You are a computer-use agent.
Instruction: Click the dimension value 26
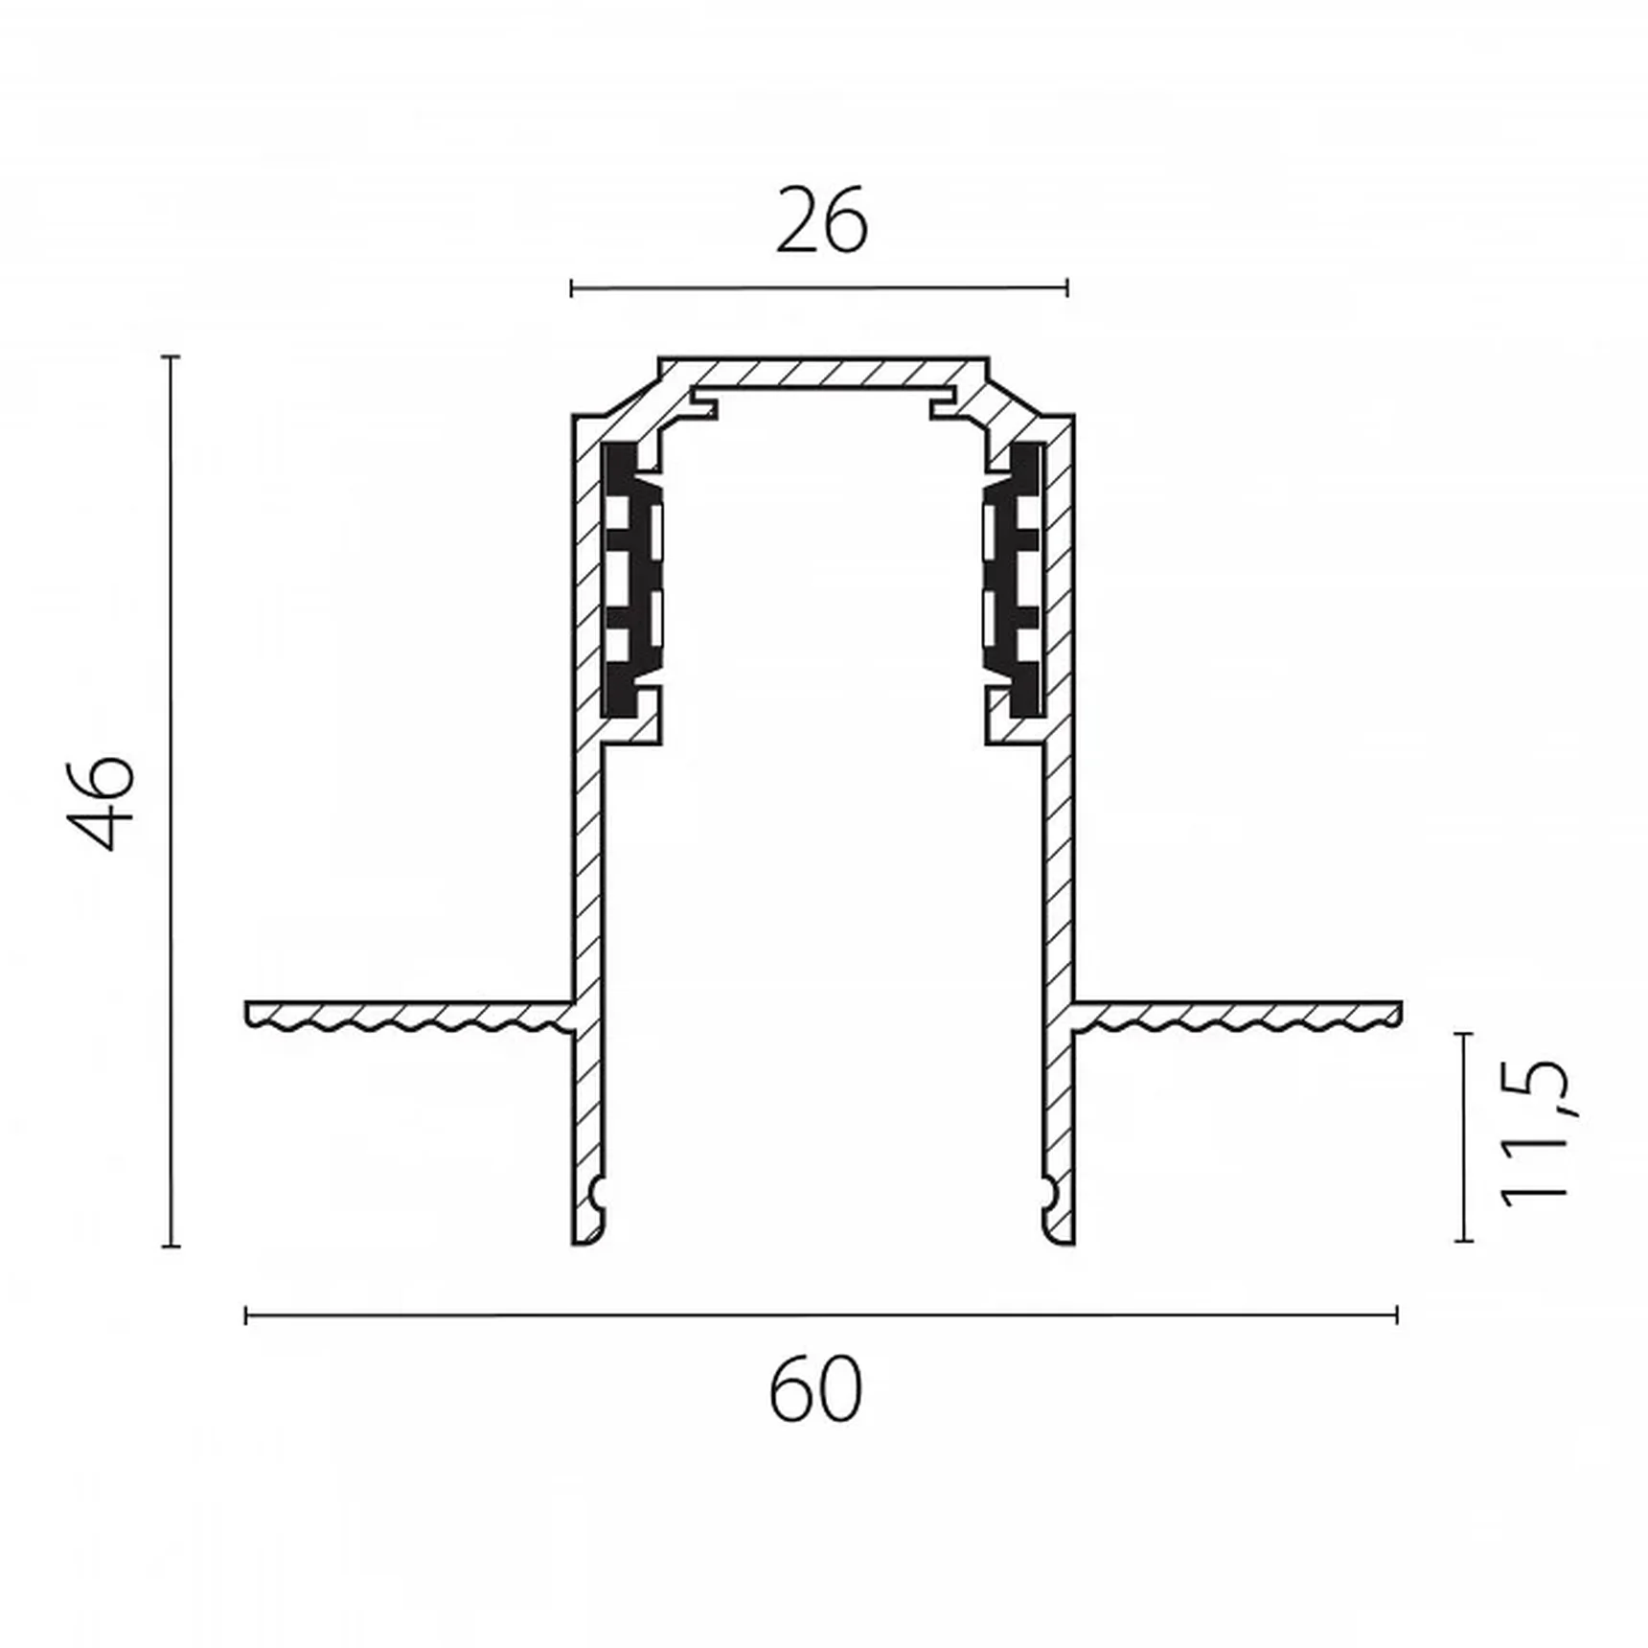tap(821, 221)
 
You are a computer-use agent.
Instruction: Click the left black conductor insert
tap(632, 580)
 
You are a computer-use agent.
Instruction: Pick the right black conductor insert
tap(1015, 580)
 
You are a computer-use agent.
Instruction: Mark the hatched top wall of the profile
tap(823, 373)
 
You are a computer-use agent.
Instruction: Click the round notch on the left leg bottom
tap(599, 1194)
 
